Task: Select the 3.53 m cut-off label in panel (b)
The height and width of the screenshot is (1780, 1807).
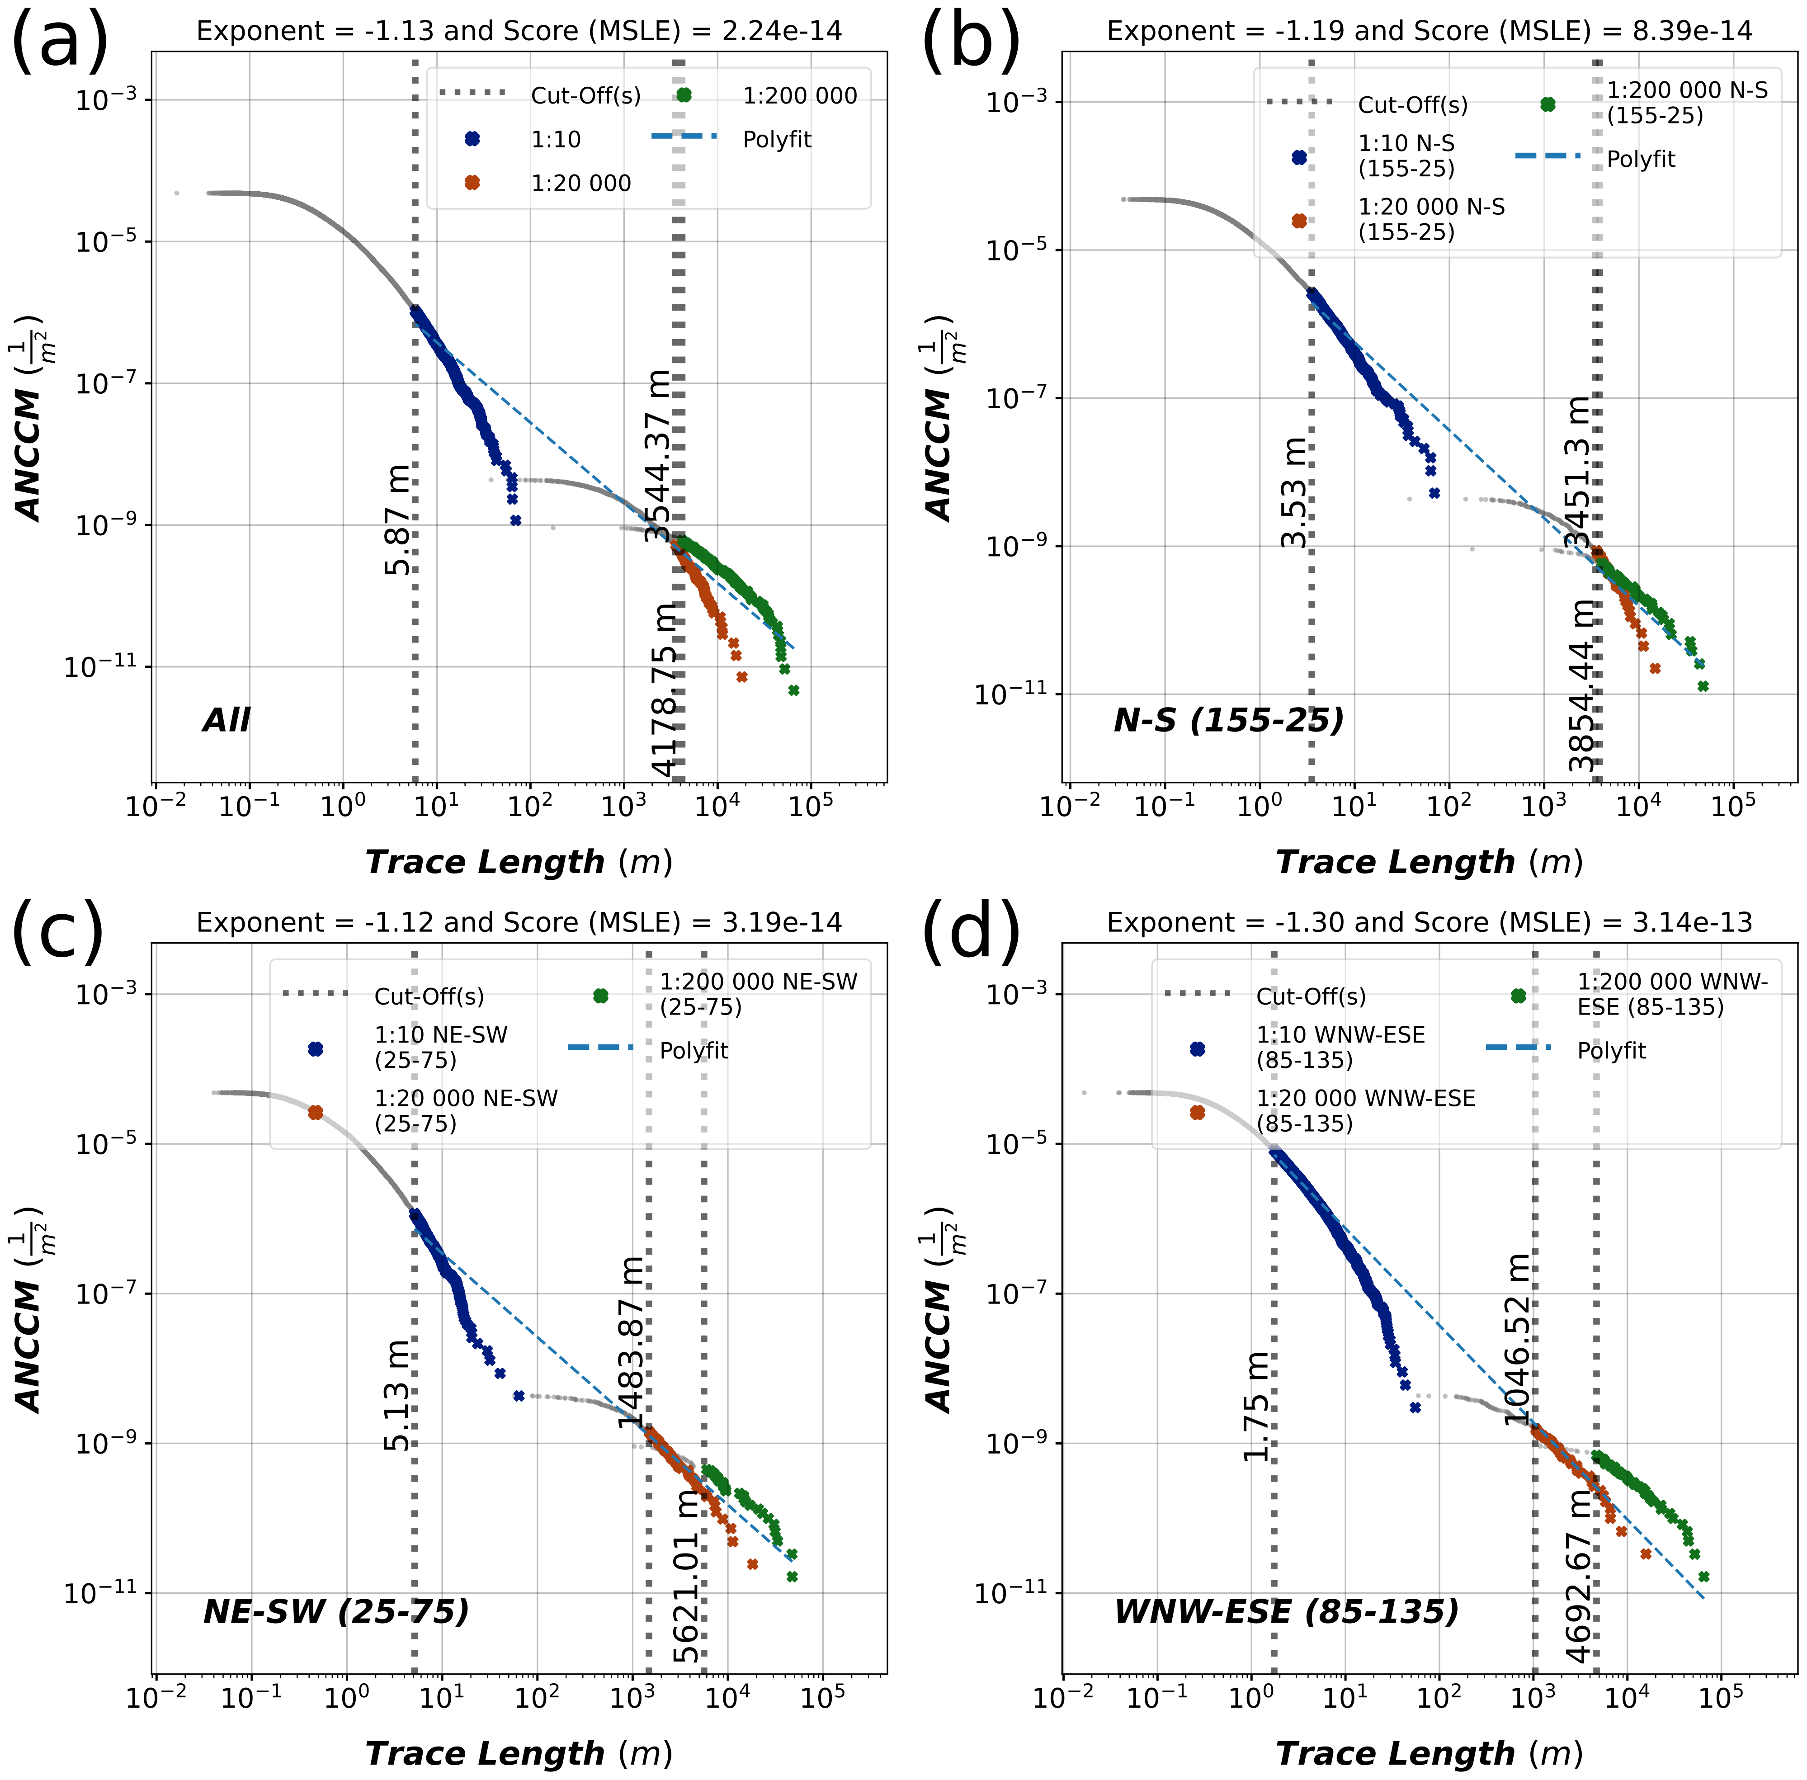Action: pos(1294,493)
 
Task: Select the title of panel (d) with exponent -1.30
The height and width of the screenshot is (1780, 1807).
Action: pos(1429,923)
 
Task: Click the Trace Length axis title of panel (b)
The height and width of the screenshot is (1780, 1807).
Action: pos(1429,862)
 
